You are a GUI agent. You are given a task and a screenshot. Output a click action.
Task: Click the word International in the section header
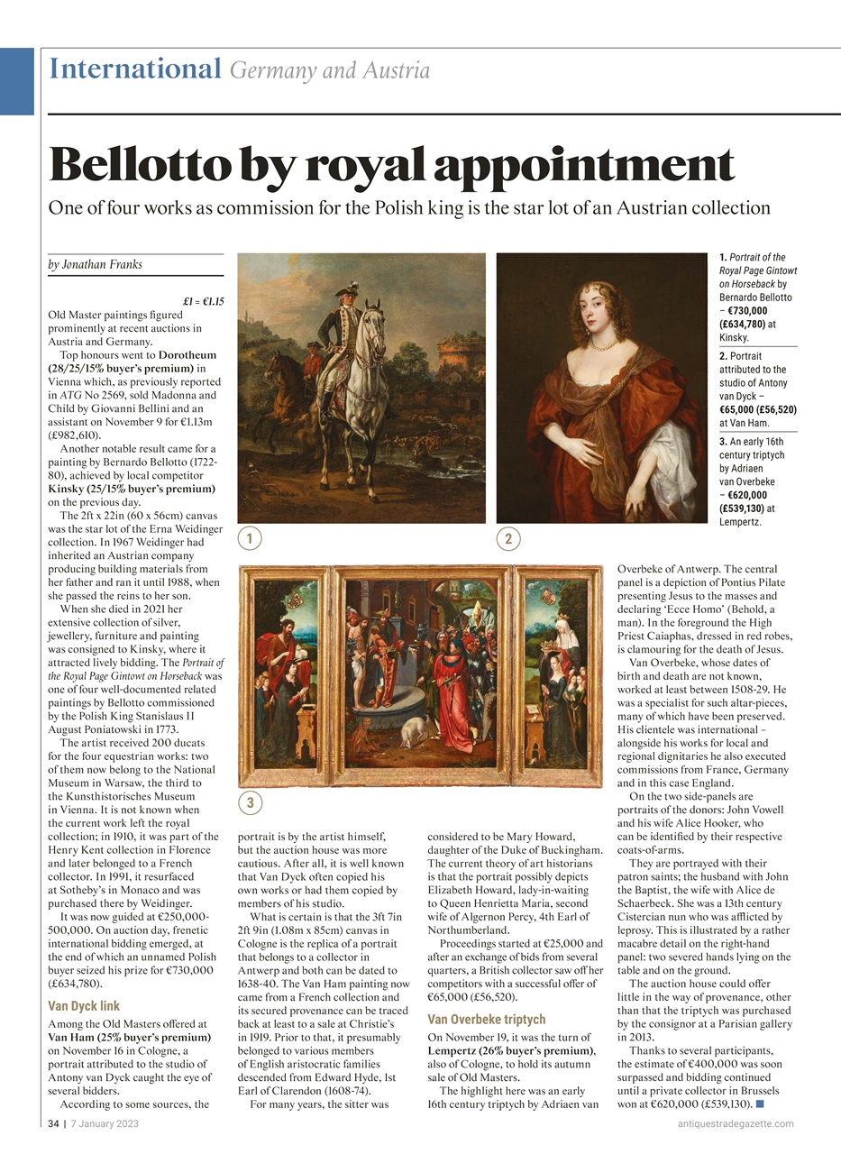tap(134, 69)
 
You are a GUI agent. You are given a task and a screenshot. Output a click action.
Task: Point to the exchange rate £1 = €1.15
tap(203, 302)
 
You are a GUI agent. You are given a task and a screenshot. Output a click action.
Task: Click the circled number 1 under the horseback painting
tap(250, 539)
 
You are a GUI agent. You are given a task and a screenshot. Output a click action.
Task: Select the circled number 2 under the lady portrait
tap(508, 539)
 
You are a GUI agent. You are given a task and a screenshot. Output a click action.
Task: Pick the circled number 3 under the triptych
tap(250, 802)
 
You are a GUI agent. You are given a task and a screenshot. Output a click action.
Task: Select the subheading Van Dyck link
tap(83, 1005)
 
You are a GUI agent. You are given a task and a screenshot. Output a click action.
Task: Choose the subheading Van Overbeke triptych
tap(486, 1019)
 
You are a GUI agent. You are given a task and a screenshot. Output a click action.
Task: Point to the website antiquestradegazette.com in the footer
tap(736, 1123)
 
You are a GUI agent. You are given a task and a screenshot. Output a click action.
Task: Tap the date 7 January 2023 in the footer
tap(105, 1123)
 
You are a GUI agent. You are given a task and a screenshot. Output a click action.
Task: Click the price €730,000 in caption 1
tap(747, 309)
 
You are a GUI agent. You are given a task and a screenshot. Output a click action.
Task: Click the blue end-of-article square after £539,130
tap(761, 1104)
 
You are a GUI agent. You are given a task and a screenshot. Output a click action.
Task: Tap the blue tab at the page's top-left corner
tap(16, 81)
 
